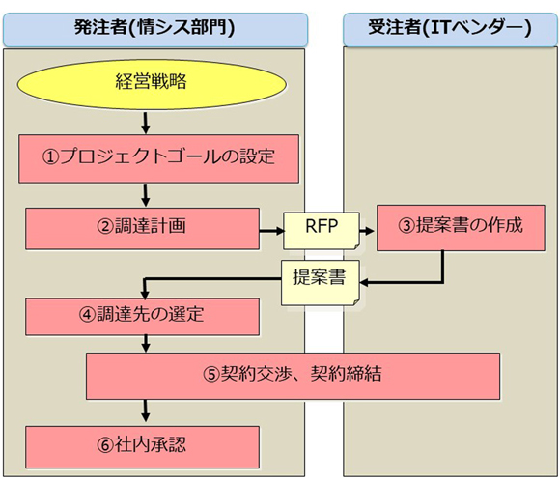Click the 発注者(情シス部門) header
pyautogui.click(x=155, y=30)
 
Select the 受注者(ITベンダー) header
pyautogui.click(x=450, y=30)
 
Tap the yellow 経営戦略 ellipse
pyautogui.click(x=152, y=84)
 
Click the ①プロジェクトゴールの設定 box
pyautogui.click(x=159, y=158)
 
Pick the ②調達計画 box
pyautogui.click(x=143, y=229)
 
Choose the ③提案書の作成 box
pyautogui.click(x=461, y=228)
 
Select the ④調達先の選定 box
pyautogui.click(x=143, y=317)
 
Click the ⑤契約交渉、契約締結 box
pyautogui.click(x=293, y=376)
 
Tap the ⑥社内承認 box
pyautogui.click(x=143, y=447)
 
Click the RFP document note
pyautogui.click(x=322, y=231)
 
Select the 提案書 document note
pyautogui.click(x=321, y=283)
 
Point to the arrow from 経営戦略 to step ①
pyautogui.click(x=146, y=123)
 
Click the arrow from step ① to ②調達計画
pyautogui.click(x=146, y=195)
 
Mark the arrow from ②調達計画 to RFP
pyautogui.click(x=271, y=231)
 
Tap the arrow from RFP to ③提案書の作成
pyautogui.click(x=367, y=231)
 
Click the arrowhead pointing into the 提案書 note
pyautogui.click(x=364, y=283)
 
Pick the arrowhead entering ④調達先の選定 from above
pyautogui.click(x=145, y=295)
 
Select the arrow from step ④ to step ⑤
pyautogui.click(x=146, y=344)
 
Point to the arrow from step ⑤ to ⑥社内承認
pyautogui.click(x=146, y=411)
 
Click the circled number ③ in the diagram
pyautogui.click(x=407, y=226)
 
